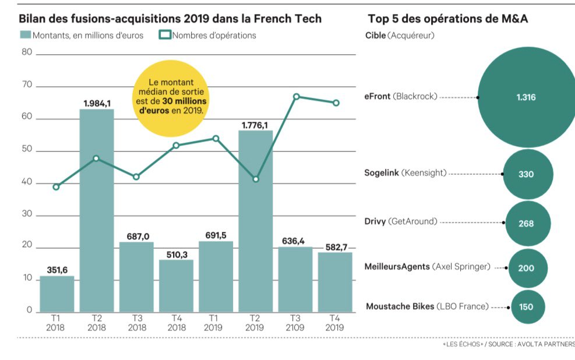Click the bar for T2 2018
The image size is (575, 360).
click(97, 210)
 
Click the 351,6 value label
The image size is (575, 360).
click(57, 269)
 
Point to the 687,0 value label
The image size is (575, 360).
click(137, 236)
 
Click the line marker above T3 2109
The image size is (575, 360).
click(297, 96)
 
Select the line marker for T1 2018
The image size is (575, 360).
click(56, 187)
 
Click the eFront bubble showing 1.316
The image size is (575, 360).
click(525, 97)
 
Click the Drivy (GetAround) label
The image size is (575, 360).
click(401, 223)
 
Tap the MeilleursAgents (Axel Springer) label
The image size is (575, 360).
click(427, 267)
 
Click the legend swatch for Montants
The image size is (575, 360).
click(25, 35)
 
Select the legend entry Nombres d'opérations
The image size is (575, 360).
click(207, 35)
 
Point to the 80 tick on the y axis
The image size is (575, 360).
click(26, 52)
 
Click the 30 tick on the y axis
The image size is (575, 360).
click(26, 215)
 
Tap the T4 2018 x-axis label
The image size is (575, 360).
click(176, 323)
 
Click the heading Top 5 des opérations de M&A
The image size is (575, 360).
click(449, 19)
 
